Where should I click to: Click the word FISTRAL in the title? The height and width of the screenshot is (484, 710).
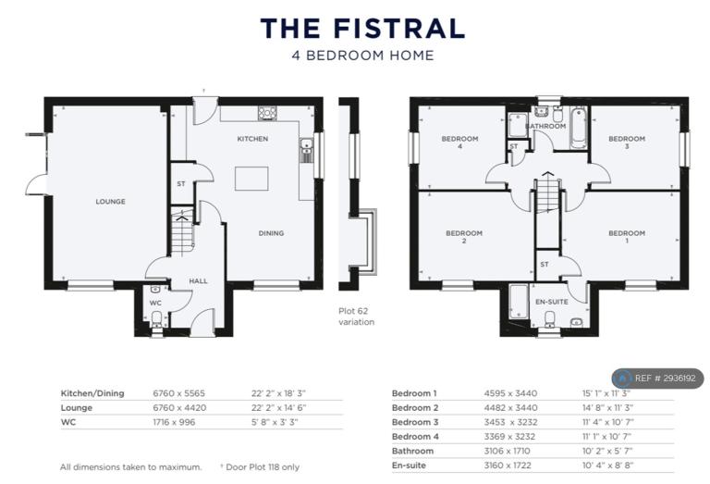pos(399,28)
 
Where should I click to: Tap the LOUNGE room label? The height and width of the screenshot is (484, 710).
pos(111,201)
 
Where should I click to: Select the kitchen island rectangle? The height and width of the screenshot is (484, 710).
pos(251,179)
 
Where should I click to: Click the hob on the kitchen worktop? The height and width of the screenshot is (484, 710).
pos(267,113)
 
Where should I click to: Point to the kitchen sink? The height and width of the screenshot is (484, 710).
pos(306,151)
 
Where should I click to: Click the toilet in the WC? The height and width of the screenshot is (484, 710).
pos(156,317)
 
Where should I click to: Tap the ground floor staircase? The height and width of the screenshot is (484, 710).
pos(182,230)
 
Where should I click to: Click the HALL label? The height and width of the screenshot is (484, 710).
pos(199,281)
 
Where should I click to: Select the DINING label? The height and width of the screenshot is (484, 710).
pos(271,233)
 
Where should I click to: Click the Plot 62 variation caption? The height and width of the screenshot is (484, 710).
pos(356,316)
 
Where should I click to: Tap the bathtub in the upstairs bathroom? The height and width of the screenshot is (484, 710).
pos(578,128)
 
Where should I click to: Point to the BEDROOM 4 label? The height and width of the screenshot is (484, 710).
pos(459,142)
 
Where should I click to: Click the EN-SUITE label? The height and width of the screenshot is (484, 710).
pos(552,302)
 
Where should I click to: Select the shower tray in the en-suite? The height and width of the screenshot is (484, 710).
pos(519,302)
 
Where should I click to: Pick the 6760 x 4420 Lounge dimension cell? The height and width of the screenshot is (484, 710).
pos(179,407)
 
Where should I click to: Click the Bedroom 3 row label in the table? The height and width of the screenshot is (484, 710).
pos(415,422)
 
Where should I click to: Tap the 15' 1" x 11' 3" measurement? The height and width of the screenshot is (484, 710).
pos(606,393)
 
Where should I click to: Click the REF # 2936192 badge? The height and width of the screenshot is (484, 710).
pos(657,378)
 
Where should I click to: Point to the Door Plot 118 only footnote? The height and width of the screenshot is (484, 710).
pos(260,466)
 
